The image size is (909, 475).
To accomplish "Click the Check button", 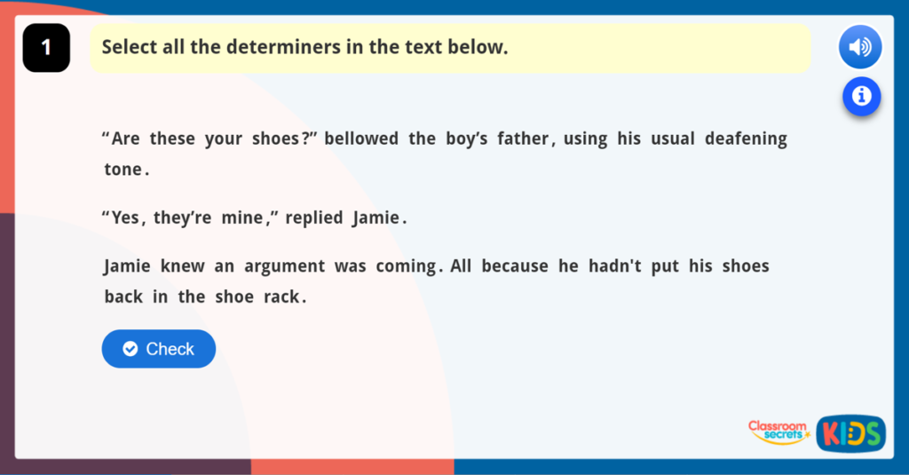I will (158, 349).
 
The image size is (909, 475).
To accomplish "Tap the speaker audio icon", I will (859, 47).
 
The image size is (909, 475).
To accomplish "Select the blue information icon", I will (861, 95).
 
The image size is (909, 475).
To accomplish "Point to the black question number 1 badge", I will (46, 48).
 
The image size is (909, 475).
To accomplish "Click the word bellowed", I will (361, 139).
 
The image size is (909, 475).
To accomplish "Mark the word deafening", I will (746, 139).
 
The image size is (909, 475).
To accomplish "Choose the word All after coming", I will (461, 266).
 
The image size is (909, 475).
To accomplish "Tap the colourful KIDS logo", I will (850, 434).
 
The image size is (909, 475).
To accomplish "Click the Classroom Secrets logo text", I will (778, 431).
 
